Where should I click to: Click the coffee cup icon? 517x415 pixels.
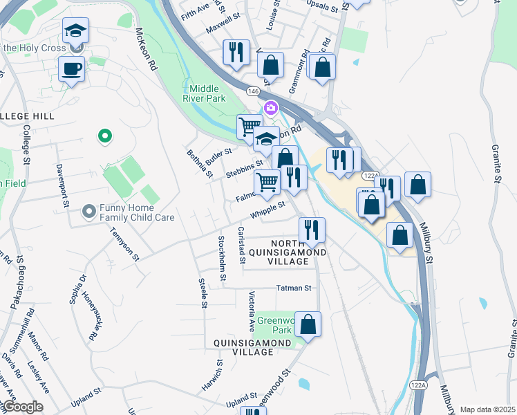pyautogui.click(x=71, y=68)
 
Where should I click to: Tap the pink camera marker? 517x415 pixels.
pyautogui.click(x=270, y=108)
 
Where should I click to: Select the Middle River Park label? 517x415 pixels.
pyautogui.click(x=204, y=93)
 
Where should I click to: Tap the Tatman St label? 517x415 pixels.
pyautogui.click(x=294, y=288)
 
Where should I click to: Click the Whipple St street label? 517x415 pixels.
pyautogui.click(x=268, y=210)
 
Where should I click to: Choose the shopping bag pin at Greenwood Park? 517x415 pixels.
pyautogui.click(x=308, y=324)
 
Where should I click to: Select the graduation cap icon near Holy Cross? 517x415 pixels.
pyautogui.click(x=75, y=30)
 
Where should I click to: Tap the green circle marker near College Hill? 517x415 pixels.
pyautogui.click(x=105, y=137)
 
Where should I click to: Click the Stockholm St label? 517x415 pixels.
pyautogui.click(x=222, y=259)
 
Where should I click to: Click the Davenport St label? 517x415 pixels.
pyautogui.click(x=63, y=185)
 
